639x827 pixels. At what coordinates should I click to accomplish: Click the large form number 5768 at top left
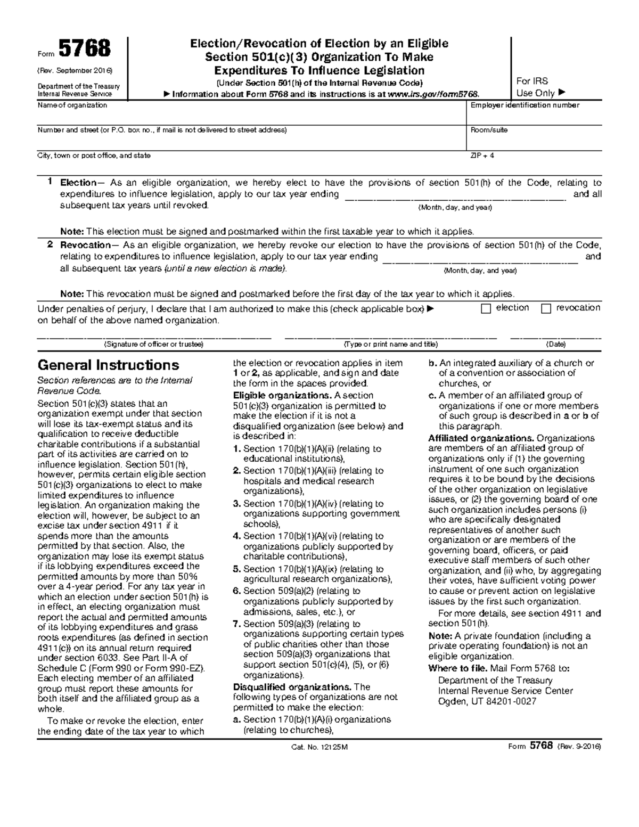click(x=85, y=49)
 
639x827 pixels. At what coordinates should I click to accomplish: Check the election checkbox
click(x=486, y=309)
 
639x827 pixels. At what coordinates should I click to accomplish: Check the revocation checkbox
click(x=546, y=309)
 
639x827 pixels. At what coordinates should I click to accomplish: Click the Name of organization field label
click(x=72, y=105)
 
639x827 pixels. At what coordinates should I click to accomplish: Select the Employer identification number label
click(x=525, y=105)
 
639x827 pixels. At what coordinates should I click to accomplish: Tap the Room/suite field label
click(x=489, y=130)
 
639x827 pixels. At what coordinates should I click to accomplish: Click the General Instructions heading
click(x=108, y=365)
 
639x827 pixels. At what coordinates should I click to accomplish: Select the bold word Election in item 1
click(x=78, y=183)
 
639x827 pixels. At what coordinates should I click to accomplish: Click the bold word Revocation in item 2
click(x=84, y=245)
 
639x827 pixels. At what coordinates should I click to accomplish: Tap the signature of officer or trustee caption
click(x=153, y=345)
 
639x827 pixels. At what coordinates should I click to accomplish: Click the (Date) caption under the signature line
click(x=556, y=345)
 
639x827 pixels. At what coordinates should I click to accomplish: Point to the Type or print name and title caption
click(x=391, y=345)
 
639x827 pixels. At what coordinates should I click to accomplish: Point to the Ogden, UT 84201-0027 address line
click(x=487, y=701)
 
